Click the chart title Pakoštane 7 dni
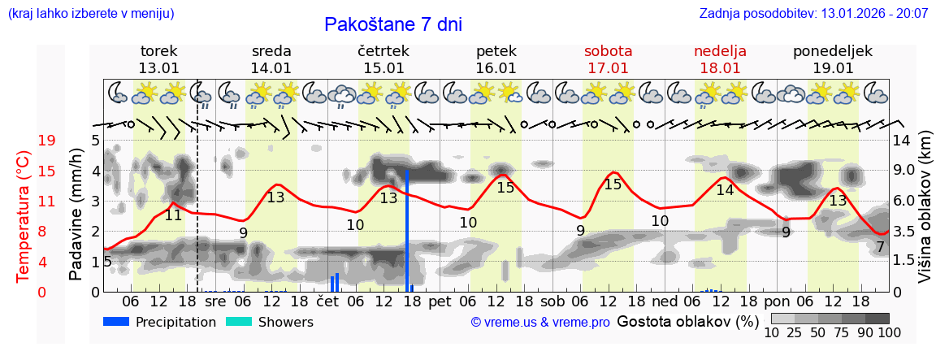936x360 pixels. pos(392,24)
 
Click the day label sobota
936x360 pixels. pos(608,51)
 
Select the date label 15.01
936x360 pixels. pos(383,68)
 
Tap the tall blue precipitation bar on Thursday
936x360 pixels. pos(407,230)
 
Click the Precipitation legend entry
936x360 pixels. pos(175,322)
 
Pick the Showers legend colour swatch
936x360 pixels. pos(238,322)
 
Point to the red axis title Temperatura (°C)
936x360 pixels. pos(24,216)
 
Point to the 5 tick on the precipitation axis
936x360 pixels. pos(95,141)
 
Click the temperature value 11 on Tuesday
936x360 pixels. pos(173,215)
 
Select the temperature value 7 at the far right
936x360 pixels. pos(880,247)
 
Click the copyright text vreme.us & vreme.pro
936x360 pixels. pos(540,323)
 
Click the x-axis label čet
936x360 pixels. pos(327,301)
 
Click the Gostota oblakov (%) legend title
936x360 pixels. pos(687,321)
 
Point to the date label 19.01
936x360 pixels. pos(833,68)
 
